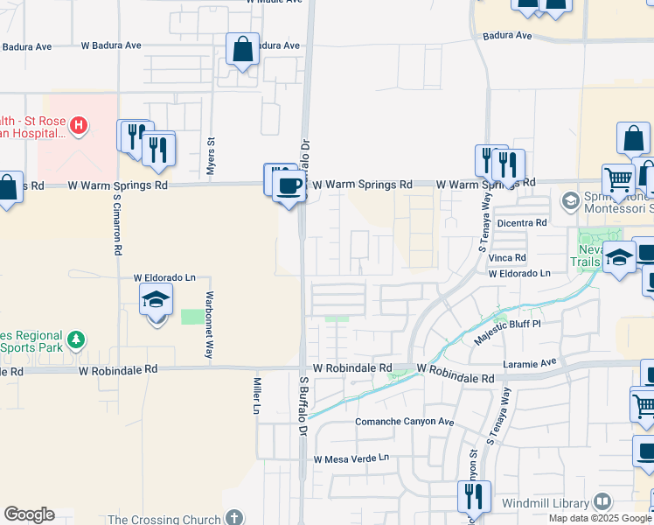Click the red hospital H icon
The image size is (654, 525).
pos(79,125)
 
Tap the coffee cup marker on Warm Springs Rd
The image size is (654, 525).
pos(289,185)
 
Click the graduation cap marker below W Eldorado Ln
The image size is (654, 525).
pos(156,299)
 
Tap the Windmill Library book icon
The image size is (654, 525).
pos(602,502)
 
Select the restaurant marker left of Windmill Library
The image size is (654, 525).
pos(473,497)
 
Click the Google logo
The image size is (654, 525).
pos(29,514)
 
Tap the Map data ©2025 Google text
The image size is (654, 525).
pos(600,518)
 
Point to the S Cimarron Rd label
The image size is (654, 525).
pos(116,224)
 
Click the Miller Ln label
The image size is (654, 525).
pos(257,396)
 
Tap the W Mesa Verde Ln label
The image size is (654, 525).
pos(351,458)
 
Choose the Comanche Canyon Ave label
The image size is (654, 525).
pos(404,422)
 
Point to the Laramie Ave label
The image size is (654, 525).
pos(530,361)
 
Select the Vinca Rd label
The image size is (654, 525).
pos(507,258)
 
